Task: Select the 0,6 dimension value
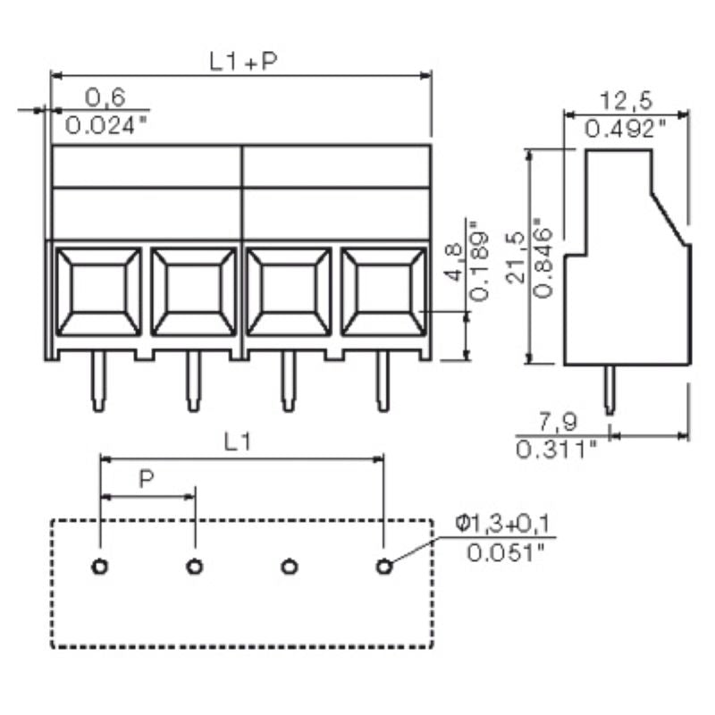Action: tap(105, 97)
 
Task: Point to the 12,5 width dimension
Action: tap(624, 98)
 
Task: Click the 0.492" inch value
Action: tap(625, 129)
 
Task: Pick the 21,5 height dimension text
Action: tap(515, 257)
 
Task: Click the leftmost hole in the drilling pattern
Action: tap(100, 566)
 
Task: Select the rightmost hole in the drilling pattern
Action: tap(384, 566)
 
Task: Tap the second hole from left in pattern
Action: tap(194, 566)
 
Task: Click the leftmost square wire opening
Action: tap(98, 291)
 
